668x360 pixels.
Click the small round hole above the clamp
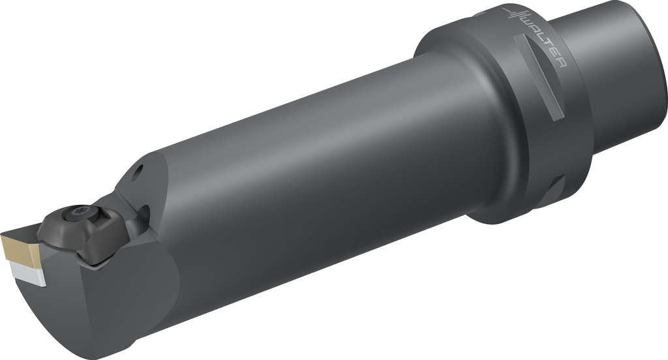pos(138,172)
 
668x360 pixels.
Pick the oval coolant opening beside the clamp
pos(145,215)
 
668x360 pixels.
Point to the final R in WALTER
pos(561,63)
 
